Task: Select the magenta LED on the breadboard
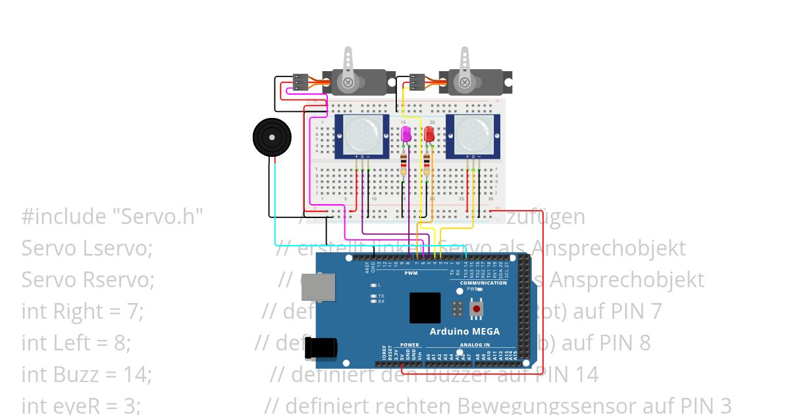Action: [x=406, y=135]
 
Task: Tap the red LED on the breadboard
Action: [x=429, y=135]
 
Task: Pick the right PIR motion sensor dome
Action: [x=473, y=134]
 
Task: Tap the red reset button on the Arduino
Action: [x=476, y=308]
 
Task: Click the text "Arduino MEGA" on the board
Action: [x=464, y=331]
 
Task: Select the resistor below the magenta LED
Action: [x=404, y=165]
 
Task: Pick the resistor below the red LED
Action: [x=427, y=165]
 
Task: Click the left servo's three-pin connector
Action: [x=300, y=82]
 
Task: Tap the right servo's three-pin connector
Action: [x=417, y=82]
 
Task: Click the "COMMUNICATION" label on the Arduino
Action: [x=483, y=283]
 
